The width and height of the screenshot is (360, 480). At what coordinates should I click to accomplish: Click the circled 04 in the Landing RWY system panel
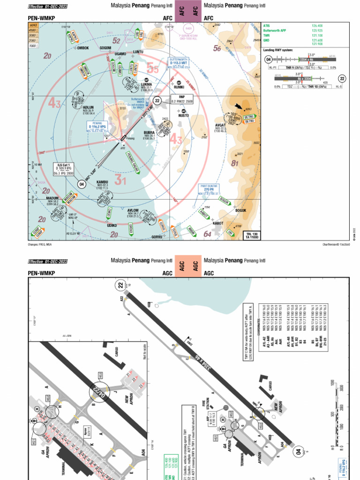pos(269,60)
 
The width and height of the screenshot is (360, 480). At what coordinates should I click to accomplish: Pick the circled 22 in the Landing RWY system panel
pos(342,79)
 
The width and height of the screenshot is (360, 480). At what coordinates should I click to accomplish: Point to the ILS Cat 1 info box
pos(62,169)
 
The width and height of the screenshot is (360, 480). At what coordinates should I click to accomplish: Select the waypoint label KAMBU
pos(103,181)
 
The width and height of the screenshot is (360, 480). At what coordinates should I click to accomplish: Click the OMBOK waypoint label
pos(82,48)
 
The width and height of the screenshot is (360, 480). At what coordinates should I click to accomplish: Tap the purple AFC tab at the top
pos(182,11)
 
